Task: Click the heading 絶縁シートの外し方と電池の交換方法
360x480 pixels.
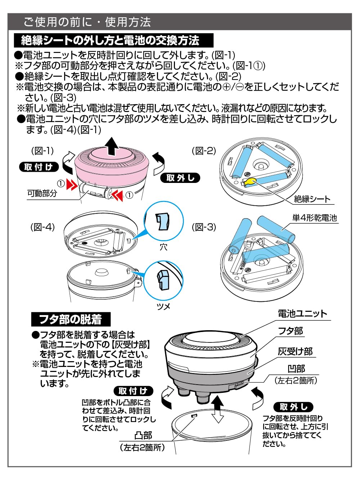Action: click(x=110, y=40)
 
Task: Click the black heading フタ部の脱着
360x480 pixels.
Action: click(x=70, y=319)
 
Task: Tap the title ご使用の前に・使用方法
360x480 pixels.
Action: click(x=87, y=22)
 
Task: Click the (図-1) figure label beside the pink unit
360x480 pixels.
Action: click(x=42, y=151)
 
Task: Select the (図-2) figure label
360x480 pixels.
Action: click(x=204, y=151)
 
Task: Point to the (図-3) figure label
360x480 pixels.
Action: click(x=204, y=227)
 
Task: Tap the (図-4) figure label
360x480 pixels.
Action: click(x=42, y=227)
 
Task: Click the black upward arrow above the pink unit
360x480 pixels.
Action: click(x=112, y=145)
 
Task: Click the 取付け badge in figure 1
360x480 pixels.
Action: click(x=39, y=167)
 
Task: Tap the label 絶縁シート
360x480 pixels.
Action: click(x=312, y=199)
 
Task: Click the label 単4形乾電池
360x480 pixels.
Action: click(x=314, y=217)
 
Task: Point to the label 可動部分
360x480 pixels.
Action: click(x=42, y=193)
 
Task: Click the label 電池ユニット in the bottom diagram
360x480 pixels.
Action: click(x=302, y=314)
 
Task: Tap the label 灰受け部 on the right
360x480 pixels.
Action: click(x=295, y=351)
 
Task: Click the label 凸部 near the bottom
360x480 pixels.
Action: click(x=143, y=435)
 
